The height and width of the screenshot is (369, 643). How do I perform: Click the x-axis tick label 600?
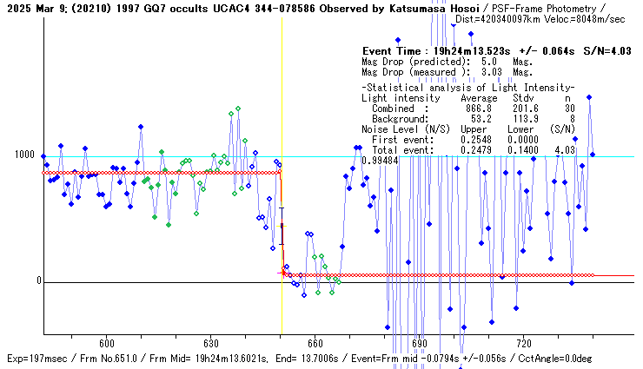coord(107,344)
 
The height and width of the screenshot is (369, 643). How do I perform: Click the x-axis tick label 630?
coord(211,344)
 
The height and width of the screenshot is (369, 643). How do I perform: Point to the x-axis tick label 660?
coord(315,344)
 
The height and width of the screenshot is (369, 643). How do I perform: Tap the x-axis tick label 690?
coord(420,344)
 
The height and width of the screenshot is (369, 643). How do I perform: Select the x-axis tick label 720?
coord(524,344)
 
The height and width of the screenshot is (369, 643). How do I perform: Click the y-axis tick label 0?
coord(36,281)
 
